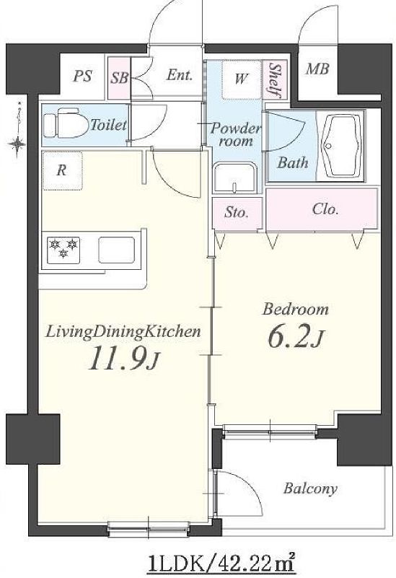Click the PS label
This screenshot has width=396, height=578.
tap(82, 76)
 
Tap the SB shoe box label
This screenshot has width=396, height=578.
tap(120, 78)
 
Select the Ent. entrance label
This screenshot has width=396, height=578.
tap(180, 75)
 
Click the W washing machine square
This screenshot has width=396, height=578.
tap(242, 79)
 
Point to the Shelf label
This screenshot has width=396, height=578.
tap(275, 80)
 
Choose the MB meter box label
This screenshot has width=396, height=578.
tap(317, 69)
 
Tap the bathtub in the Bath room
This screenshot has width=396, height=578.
tap(341, 146)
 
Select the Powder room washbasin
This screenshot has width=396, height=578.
tap(235, 178)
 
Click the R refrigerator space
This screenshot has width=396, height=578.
tap(62, 171)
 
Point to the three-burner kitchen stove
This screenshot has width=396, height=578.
tap(63, 250)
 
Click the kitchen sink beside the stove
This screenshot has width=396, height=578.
tap(116, 250)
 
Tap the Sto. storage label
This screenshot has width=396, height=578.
tap(236, 212)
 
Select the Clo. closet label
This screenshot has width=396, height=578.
tap(325, 209)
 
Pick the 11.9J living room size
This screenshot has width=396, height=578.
tap(124, 359)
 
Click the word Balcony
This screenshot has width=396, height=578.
tap(310, 489)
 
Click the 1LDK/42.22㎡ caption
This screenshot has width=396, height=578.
tap(221, 562)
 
